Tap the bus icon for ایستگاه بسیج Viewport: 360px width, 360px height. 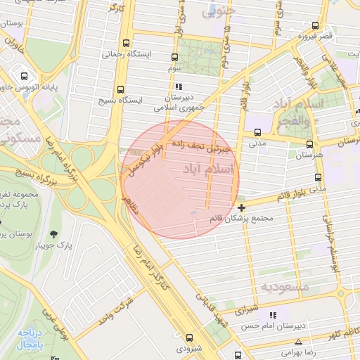click(120, 89)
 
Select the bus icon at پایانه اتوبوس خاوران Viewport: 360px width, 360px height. click(24, 77)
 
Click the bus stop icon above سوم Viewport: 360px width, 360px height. click(175, 56)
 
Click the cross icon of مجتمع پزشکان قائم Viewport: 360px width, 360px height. click(242, 207)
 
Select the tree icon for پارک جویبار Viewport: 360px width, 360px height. click(54, 233)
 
